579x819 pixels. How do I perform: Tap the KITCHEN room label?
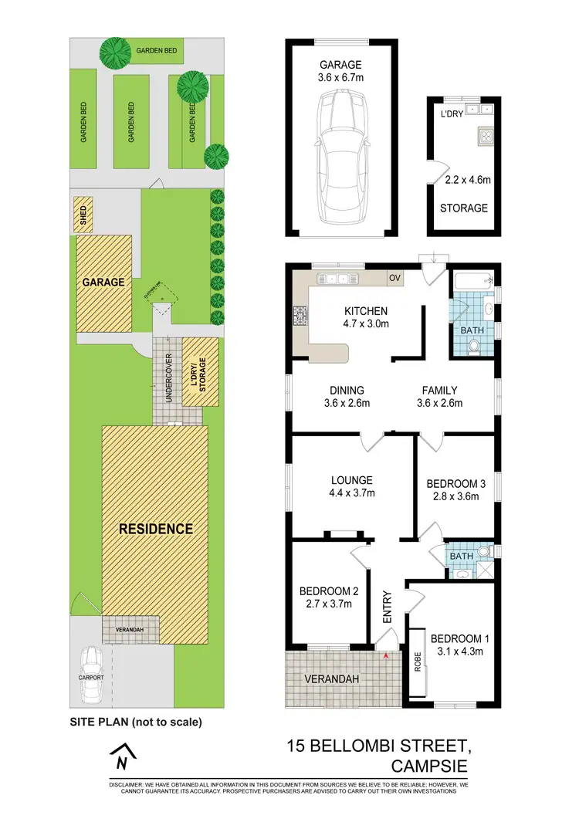pos(367,311)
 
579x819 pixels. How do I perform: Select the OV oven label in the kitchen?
pos(394,277)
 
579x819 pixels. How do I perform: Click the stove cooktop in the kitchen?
pos(300,315)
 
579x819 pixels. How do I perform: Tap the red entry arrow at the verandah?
pos(385,655)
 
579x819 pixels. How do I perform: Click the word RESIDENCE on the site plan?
pos(155,529)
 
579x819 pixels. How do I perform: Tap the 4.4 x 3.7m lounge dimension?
pos(351,493)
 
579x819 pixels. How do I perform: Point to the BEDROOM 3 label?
pos(455,484)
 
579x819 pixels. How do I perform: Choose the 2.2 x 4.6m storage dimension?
pos(463,180)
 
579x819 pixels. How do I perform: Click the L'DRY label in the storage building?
pos(451,114)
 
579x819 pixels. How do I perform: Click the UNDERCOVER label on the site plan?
pos(168,377)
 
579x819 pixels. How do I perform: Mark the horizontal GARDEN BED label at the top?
pos(157,50)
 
